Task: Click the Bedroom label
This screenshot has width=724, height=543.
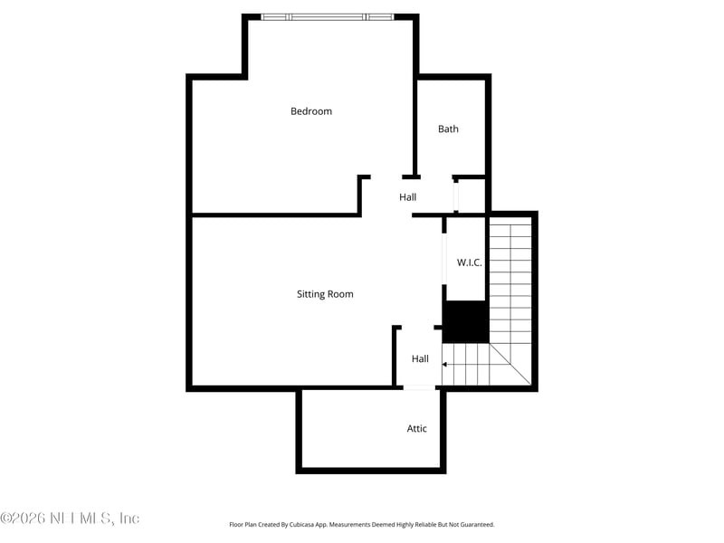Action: pyautogui.click(x=311, y=111)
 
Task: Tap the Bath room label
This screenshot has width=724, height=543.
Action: pyautogui.click(x=448, y=129)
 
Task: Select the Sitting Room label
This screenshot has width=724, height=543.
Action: pyautogui.click(x=325, y=294)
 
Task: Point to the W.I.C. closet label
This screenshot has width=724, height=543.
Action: pyautogui.click(x=469, y=262)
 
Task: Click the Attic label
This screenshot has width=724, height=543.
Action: pyautogui.click(x=416, y=429)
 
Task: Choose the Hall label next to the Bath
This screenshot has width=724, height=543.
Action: pyautogui.click(x=408, y=197)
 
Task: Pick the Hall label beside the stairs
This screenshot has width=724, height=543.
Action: pyautogui.click(x=420, y=359)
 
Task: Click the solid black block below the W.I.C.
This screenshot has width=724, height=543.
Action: pyautogui.click(x=465, y=321)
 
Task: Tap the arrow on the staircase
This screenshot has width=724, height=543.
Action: pyautogui.click(x=446, y=365)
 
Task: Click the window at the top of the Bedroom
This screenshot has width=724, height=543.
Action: pyautogui.click(x=327, y=16)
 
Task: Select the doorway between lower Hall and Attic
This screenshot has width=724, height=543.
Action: pyautogui.click(x=419, y=388)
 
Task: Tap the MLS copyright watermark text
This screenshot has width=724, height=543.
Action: pyautogui.click(x=70, y=519)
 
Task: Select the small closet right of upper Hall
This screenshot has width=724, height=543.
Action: pyautogui.click(x=471, y=195)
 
